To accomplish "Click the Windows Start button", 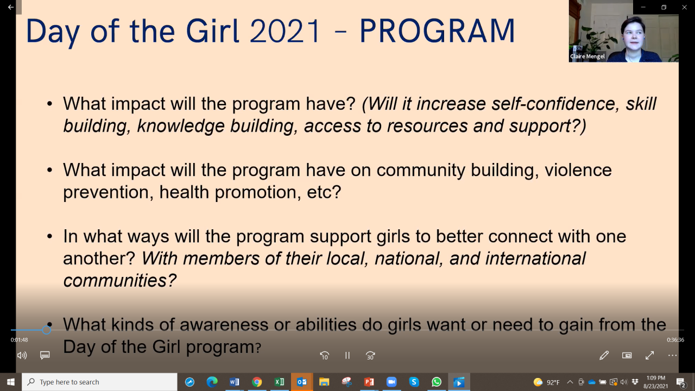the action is pos(10,382).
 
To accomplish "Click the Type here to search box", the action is pos(99,382).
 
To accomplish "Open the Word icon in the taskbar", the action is pos(234,382).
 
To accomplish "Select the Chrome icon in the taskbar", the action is pos(257,382).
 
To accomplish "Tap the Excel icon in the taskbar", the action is pos(279,382).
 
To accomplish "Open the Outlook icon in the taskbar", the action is pos(302,382).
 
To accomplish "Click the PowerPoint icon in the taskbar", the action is pos(369,382).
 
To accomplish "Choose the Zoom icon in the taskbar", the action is pos(391,382).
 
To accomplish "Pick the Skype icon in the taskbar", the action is pos(414,382).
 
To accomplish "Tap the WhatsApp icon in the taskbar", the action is pos(437,382).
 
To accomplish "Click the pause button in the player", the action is pos(347,355).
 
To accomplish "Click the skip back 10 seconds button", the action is pos(325,356).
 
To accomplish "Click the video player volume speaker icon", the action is pos(22,355).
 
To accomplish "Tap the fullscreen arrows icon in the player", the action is pos(650,355).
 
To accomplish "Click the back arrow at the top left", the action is pos(11,7).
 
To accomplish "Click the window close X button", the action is pos(685,7).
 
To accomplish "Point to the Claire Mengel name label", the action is pos(587,56).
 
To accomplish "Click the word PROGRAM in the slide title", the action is pos(437,31).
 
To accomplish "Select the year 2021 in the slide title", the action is pos(285,31).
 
